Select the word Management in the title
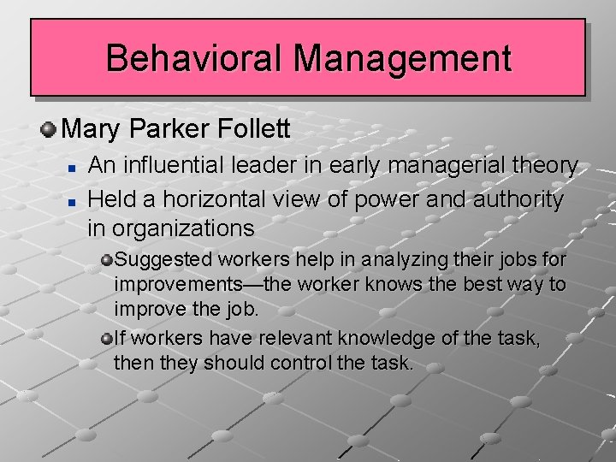[402, 58]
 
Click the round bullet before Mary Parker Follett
[49, 131]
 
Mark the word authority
[518, 199]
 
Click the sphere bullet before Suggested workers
[107, 258]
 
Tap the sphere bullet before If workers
[107, 339]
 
